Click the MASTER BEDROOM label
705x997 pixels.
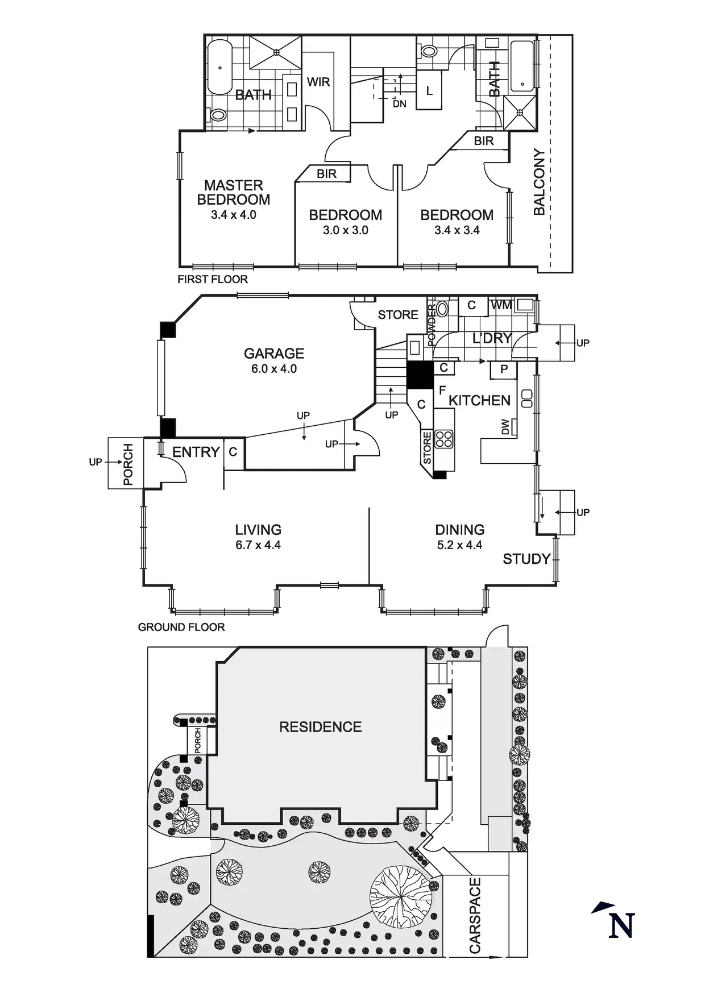pyautogui.click(x=233, y=193)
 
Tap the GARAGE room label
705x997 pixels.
pyautogui.click(x=274, y=354)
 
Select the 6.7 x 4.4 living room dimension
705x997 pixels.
pyautogui.click(x=258, y=545)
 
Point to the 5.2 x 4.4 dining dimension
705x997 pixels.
pyautogui.click(x=459, y=545)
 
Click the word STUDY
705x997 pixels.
pyautogui.click(x=526, y=559)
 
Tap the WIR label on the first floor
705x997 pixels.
pyautogui.click(x=318, y=82)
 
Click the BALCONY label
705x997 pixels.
pyautogui.click(x=539, y=182)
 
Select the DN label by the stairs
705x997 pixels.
pyautogui.click(x=400, y=104)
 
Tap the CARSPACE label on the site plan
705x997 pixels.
pyautogui.click(x=475, y=916)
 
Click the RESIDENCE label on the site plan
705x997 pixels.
pyautogui.click(x=321, y=727)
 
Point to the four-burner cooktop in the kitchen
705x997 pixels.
pyautogui.click(x=444, y=439)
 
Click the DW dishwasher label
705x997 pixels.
pyautogui.click(x=505, y=427)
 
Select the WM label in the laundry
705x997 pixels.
pyautogui.click(x=501, y=306)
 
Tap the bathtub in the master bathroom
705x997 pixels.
pyautogui.click(x=219, y=68)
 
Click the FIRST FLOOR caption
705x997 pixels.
pyautogui.click(x=213, y=280)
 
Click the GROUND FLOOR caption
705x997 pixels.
pyautogui.click(x=181, y=628)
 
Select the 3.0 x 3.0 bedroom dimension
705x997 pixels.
pyautogui.click(x=346, y=231)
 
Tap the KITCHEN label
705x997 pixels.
pyautogui.click(x=479, y=401)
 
